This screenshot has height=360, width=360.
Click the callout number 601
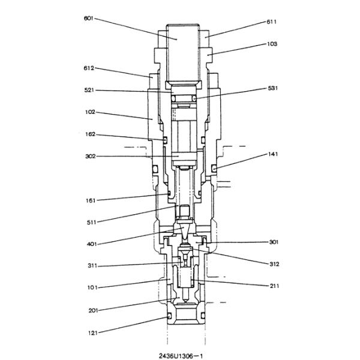89,18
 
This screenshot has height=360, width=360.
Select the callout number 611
271,22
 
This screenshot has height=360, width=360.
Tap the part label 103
272,44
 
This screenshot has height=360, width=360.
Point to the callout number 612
89,68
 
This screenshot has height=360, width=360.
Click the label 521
89,90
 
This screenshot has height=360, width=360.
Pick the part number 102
89,112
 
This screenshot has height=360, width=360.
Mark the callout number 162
89,134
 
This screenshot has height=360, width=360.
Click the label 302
89,157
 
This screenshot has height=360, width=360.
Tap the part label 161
89,200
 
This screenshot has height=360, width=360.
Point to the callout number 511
89,222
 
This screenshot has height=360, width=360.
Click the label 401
89,244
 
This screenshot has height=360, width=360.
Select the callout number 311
89,266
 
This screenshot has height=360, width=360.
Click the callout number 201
89,310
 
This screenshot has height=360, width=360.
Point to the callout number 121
89,332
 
